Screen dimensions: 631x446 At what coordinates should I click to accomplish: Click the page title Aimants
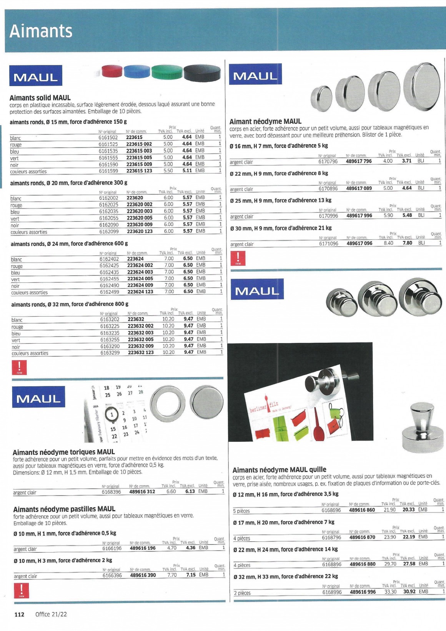click(41, 31)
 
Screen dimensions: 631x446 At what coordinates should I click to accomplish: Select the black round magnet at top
click(202, 73)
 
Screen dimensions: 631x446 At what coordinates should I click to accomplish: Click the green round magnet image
click(167, 72)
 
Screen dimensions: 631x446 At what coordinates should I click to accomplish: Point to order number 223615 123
click(139, 171)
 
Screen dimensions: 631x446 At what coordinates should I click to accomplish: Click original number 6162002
click(109, 198)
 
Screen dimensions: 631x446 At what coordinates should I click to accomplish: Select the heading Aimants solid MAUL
click(40, 98)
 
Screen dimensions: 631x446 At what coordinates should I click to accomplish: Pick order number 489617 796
click(359, 161)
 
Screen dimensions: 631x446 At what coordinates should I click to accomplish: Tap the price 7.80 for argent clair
click(407, 243)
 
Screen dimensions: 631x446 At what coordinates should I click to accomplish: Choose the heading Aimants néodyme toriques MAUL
click(64, 452)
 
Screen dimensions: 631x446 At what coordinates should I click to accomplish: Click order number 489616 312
click(142, 492)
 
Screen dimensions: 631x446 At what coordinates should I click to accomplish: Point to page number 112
click(19, 614)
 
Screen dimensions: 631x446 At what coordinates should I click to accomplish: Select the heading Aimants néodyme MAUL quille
click(279, 470)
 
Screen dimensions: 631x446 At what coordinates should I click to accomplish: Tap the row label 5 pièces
click(241, 511)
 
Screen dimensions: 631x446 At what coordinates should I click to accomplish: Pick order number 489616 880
click(363, 564)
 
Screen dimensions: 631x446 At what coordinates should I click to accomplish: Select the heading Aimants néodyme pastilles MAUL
click(64, 509)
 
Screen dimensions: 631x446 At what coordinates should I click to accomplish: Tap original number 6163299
click(110, 353)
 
